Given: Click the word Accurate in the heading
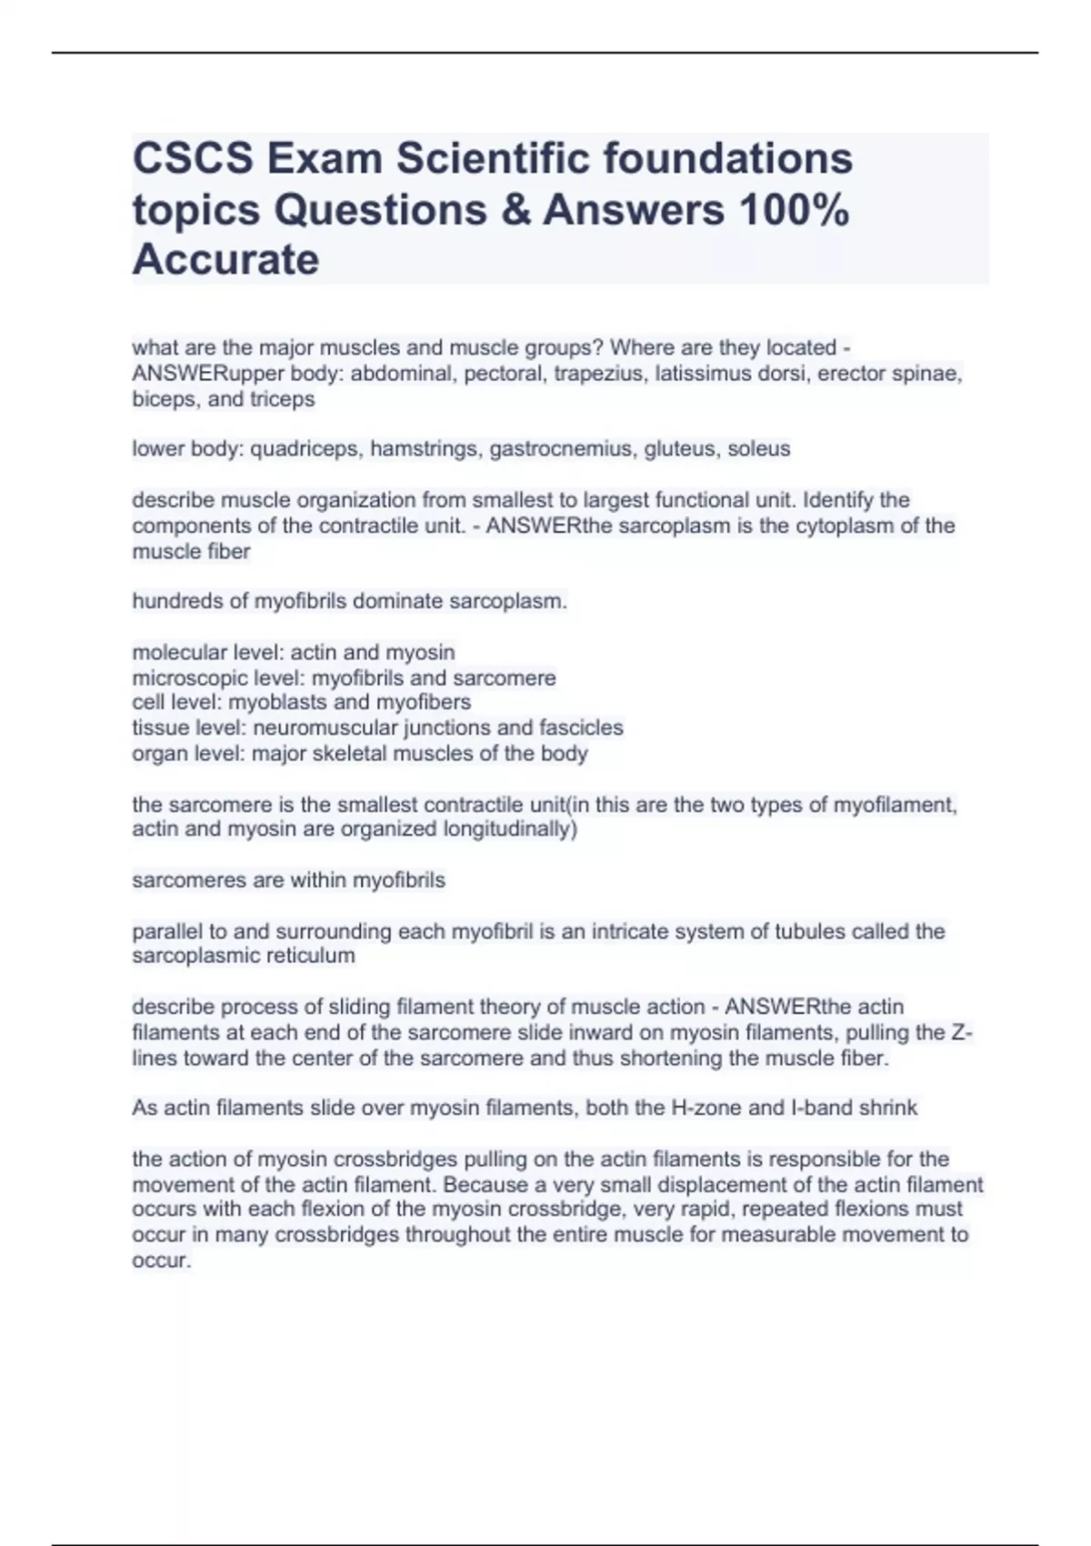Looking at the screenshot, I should click(x=225, y=260).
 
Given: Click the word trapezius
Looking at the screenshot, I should click(x=601, y=374).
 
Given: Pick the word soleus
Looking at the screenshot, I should click(x=759, y=449).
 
